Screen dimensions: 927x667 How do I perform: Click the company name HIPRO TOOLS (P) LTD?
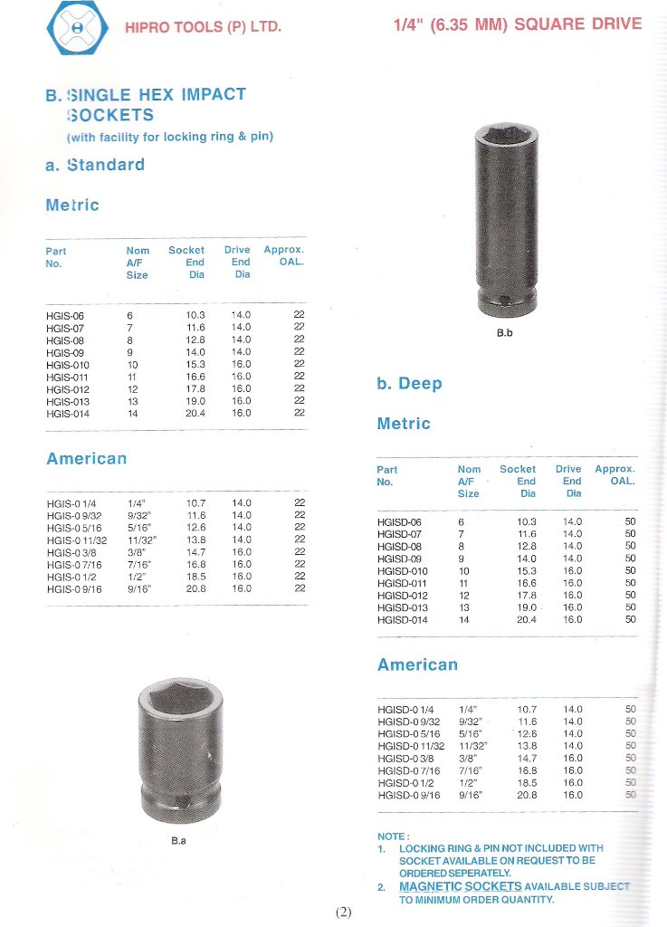pos(204,27)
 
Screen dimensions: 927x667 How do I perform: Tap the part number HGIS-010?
pos(68,364)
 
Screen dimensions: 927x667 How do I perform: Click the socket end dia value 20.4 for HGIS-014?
pos(195,413)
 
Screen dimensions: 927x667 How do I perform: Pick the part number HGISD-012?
pos(403,595)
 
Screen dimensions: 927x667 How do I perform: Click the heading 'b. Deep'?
pos(409,384)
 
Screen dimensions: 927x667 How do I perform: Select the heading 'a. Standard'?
pos(95,165)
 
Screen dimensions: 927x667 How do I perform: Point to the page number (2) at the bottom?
pos(343,912)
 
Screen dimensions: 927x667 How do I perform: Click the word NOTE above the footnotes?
pos(393,836)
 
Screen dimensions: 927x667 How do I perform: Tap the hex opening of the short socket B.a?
pos(178,701)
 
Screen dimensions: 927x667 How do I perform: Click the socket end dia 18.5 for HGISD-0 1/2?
pos(527,782)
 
